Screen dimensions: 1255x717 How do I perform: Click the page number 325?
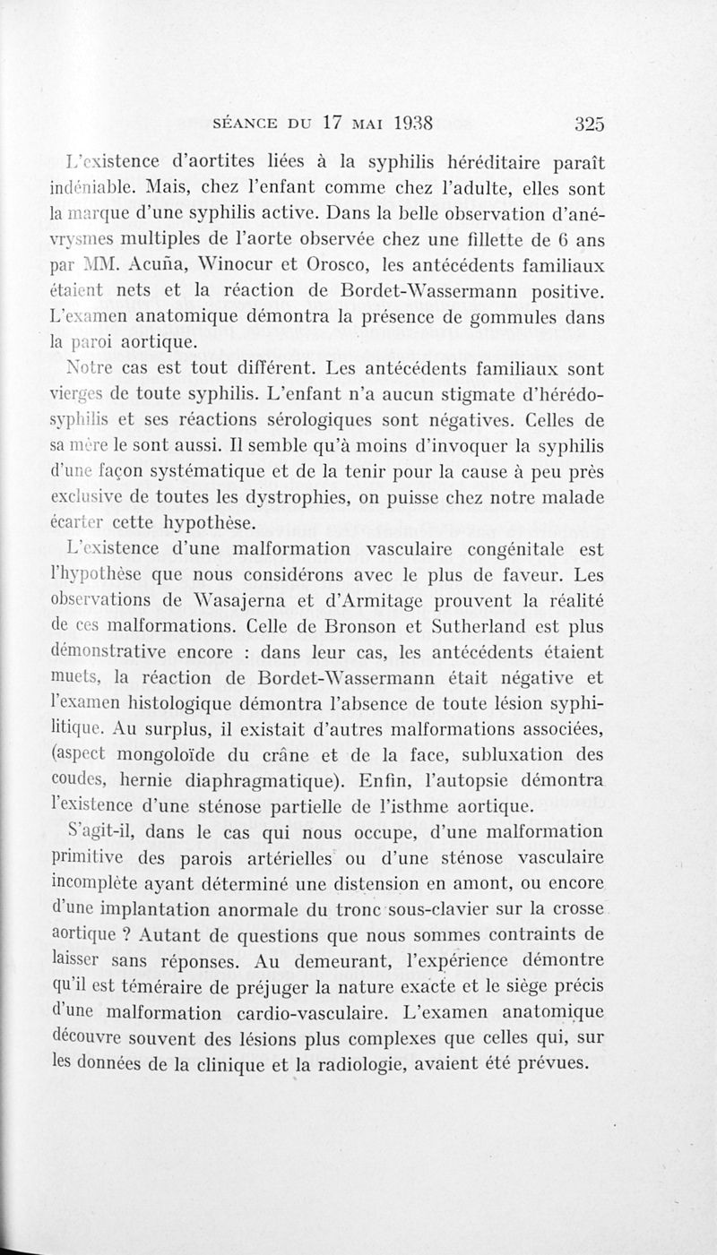[x=591, y=125]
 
